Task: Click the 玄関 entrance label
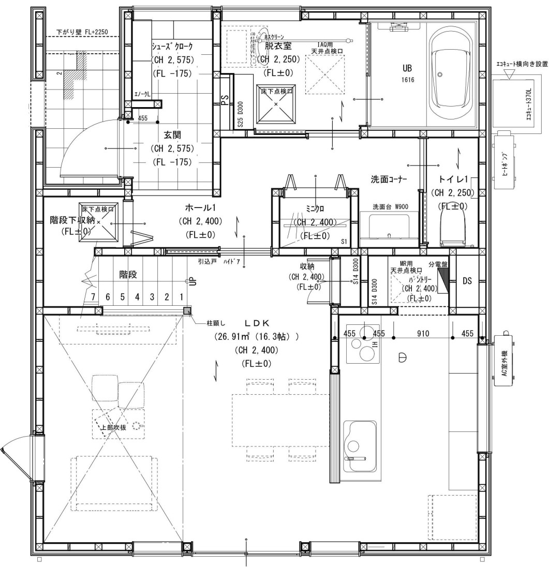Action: point(172,135)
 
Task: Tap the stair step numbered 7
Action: point(93,297)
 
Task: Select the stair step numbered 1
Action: point(181,297)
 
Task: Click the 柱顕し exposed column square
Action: point(187,310)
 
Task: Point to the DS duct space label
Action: point(467,281)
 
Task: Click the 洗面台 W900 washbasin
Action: point(389,228)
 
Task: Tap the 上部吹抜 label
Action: point(113,427)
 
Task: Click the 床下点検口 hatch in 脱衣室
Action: point(276,103)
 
